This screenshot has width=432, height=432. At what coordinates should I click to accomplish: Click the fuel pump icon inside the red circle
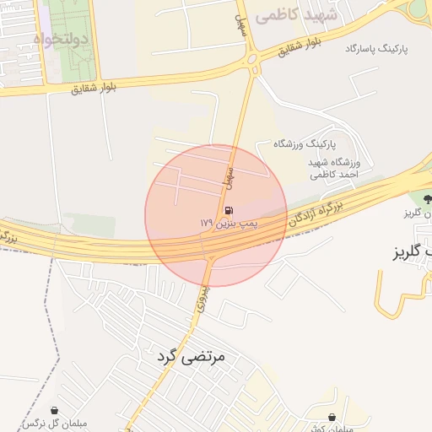click(228, 211)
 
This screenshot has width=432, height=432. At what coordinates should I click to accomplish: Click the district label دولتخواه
click(61, 39)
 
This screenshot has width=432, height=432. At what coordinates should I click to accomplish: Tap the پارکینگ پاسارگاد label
click(375, 50)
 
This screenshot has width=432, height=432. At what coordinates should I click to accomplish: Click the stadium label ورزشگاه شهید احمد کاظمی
click(335, 168)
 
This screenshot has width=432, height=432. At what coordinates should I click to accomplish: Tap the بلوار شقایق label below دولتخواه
click(94, 86)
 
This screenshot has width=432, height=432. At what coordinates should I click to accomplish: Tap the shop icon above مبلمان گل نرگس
click(55, 411)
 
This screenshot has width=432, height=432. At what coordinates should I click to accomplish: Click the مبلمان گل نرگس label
click(57, 424)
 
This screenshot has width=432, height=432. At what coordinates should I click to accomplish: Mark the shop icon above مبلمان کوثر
click(332, 417)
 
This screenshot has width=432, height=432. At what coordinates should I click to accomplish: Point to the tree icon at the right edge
click(426, 200)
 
